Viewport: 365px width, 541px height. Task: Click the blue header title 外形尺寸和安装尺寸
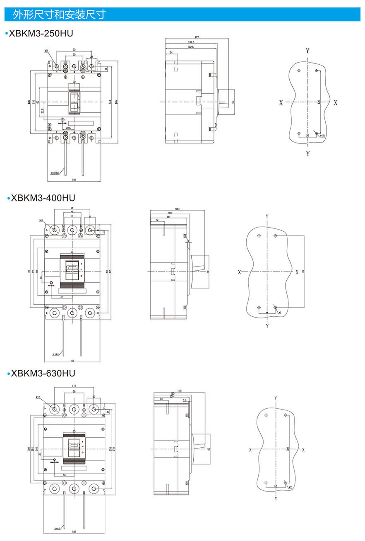pos(59,15)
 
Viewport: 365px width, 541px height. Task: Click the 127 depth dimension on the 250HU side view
pos(197,38)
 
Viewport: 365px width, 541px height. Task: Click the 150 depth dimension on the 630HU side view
pos(180,391)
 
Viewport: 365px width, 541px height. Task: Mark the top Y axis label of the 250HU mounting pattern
pos(307,51)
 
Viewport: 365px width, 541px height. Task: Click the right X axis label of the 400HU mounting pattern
pos(297,272)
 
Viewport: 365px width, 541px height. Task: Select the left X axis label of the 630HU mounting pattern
pos(250,449)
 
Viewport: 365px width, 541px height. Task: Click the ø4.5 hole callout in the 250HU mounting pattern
pos(322,135)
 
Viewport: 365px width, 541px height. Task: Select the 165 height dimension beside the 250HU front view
pos(116,102)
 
